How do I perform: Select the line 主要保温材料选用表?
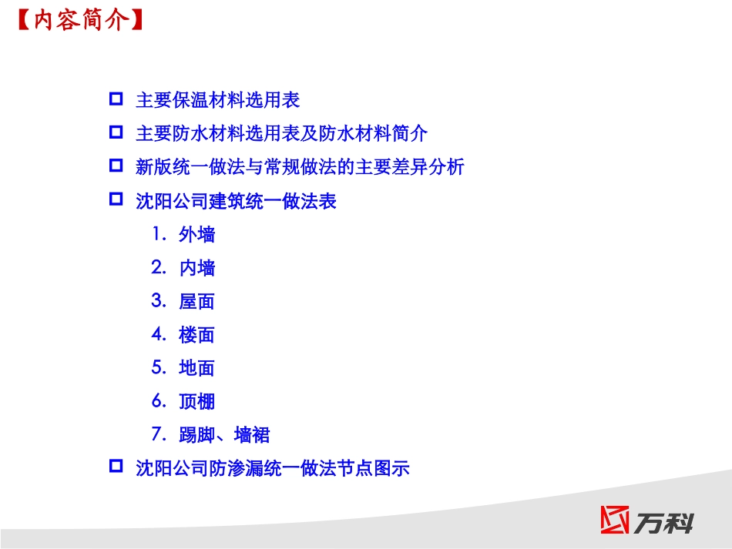pos(217,100)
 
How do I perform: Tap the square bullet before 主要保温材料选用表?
pos(116,99)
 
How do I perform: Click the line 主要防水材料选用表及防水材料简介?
pos(281,133)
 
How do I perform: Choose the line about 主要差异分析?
pos(300,166)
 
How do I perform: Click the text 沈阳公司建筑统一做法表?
pos(236,202)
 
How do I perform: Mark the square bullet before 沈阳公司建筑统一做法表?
pos(116,199)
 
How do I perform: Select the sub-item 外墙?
pos(197,235)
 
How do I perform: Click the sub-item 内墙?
pos(197,268)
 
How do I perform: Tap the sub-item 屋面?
pos(197,302)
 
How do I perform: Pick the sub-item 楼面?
pos(197,335)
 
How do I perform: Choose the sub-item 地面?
pos(197,368)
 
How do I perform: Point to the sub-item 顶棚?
pos(197,401)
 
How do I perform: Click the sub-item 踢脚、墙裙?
pos(224,435)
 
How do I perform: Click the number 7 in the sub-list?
pos(157,434)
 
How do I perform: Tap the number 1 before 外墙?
pos(156,234)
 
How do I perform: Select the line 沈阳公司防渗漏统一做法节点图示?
pos(272,467)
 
